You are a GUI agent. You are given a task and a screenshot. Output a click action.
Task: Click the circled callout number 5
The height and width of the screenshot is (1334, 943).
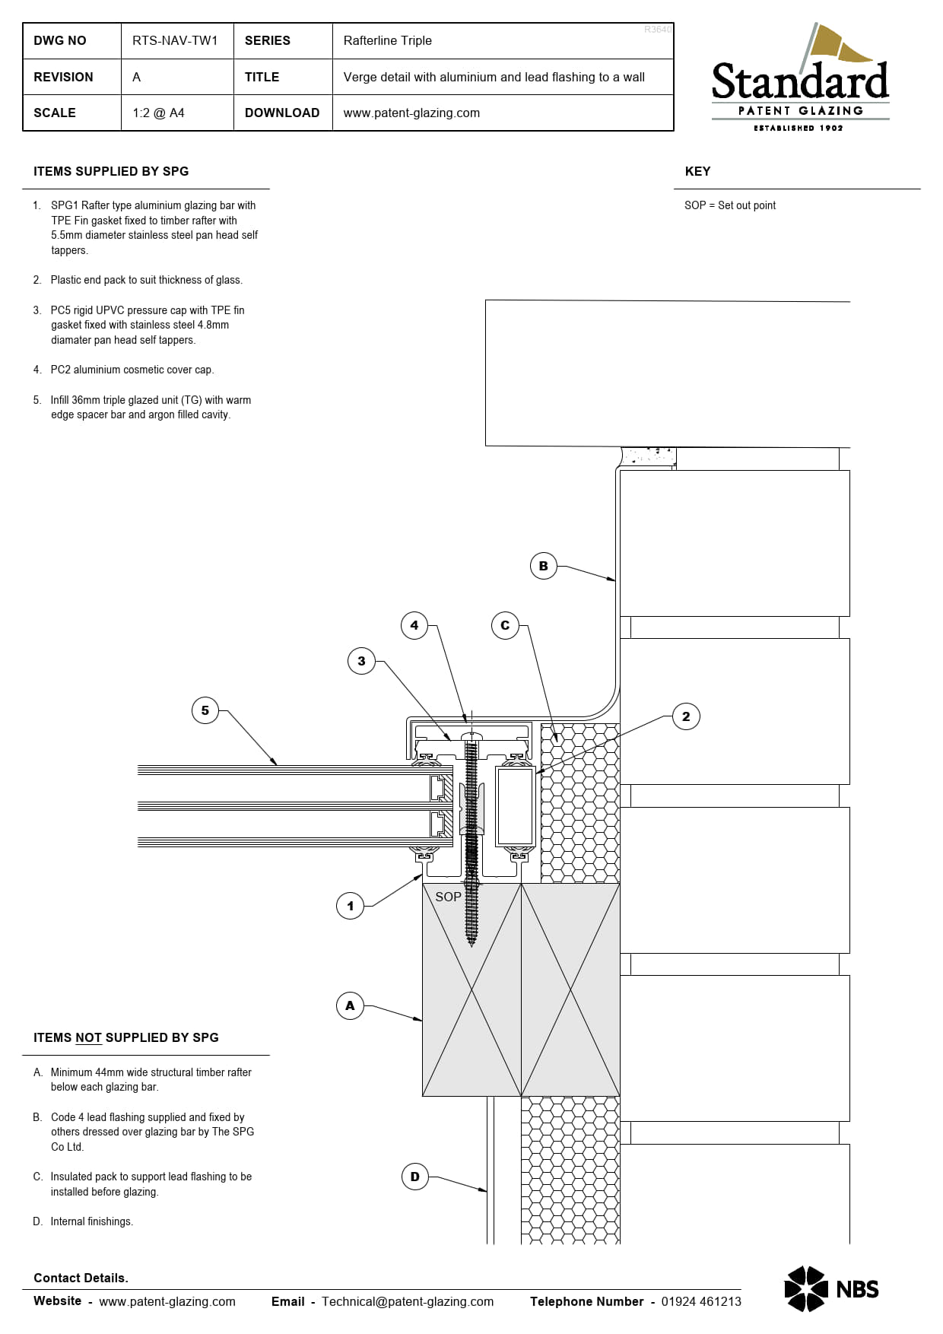[x=205, y=710]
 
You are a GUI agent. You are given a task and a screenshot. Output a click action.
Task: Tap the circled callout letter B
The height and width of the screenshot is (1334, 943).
[x=543, y=566]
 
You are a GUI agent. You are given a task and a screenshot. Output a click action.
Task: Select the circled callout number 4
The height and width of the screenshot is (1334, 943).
[x=414, y=625]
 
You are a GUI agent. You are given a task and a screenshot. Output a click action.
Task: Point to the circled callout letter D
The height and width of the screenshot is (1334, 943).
[x=414, y=1177]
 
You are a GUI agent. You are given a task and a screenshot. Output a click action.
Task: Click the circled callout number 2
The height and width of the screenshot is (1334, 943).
[x=686, y=716]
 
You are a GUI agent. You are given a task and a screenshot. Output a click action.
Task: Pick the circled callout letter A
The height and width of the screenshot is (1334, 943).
[x=350, y=1005]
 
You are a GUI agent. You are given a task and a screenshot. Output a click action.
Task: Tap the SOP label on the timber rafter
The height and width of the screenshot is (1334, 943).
[x=448, y=897]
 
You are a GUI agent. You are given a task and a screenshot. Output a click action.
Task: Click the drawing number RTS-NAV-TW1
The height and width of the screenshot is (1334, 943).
[x=175, y=40]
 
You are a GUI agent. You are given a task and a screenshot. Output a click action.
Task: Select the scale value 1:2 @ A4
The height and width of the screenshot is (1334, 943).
[x=158, y=113]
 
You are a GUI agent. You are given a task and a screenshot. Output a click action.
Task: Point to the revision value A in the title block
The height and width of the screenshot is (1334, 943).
[x=136, y=77]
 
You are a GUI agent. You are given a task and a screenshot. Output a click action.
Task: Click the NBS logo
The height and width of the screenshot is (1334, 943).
[x=831, y=1289]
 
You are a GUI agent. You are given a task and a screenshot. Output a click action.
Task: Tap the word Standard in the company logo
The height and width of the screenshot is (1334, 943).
[x=800, y=81]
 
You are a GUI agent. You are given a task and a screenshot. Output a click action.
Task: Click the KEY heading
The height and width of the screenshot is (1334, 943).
[x=697, y=171]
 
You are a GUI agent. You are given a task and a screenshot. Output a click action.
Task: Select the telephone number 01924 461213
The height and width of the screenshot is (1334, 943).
[x=701, y=1301]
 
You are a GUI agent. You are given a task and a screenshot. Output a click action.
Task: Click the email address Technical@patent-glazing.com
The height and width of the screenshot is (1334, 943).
[x=408, y=1301]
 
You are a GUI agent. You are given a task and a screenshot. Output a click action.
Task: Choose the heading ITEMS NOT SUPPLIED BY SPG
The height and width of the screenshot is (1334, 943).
[x=126, y=1037]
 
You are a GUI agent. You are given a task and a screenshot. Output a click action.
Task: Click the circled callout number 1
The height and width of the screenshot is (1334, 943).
[x=350, y=906]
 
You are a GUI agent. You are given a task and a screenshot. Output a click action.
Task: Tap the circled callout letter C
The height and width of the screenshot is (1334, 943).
[x=505, y=625]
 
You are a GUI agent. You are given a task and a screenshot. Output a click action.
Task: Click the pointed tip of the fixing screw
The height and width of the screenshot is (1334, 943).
[x=471, y=945]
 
